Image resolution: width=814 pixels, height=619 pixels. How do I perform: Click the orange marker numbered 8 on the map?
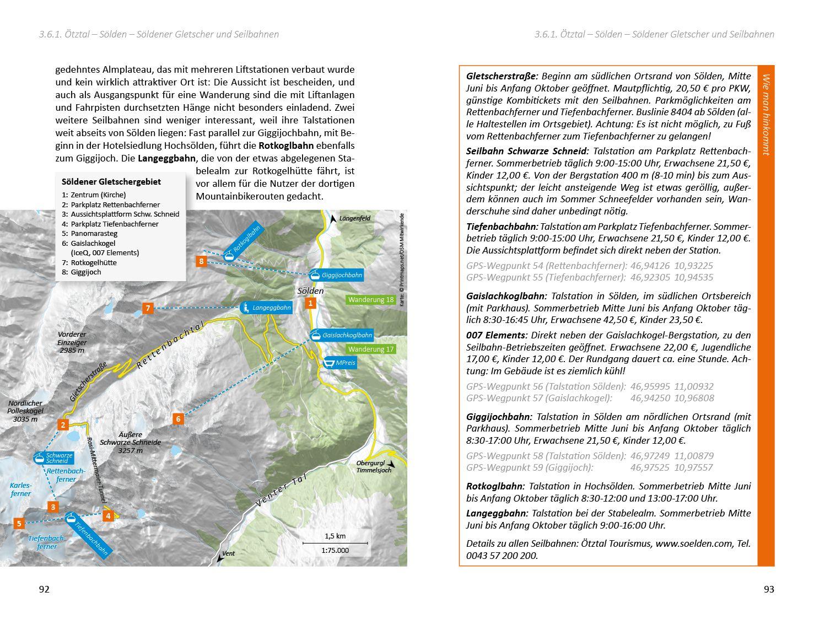point(202,261)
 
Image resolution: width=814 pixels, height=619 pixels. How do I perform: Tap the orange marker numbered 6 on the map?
point(178,419)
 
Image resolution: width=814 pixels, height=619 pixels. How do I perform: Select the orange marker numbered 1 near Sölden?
point(310,303)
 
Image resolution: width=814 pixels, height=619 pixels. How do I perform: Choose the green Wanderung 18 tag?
point(371,300)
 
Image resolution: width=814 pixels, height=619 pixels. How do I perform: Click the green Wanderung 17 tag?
point(371,349)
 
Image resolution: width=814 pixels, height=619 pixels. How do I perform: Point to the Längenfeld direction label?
point(354,218)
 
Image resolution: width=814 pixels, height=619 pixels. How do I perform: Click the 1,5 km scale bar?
point(335,543)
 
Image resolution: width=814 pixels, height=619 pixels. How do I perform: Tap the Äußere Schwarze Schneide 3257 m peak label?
point(131,442)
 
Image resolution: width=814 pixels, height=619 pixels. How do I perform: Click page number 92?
point(44,589)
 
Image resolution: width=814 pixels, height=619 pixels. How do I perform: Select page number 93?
point(769,589)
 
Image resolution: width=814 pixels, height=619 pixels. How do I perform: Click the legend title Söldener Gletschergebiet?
point(111,181)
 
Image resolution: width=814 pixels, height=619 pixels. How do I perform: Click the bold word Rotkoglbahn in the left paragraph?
point(286,146)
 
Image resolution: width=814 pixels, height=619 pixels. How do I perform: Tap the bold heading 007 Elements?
point(497,335)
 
